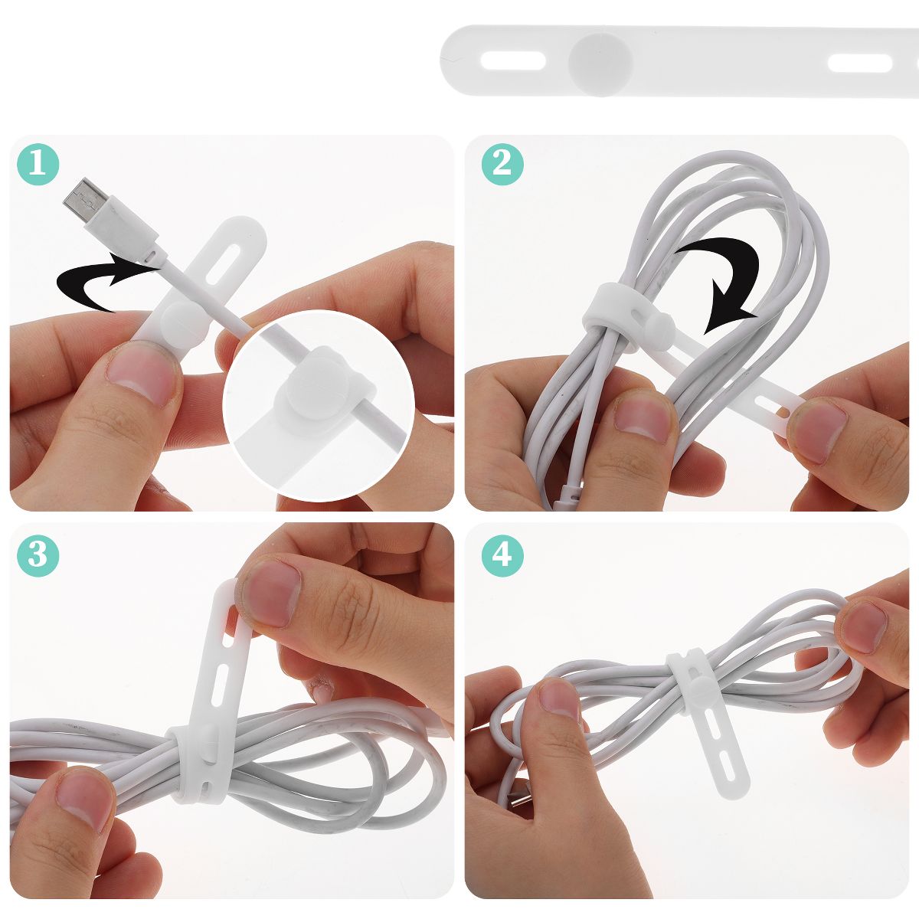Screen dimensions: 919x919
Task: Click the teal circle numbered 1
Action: click(38, 164)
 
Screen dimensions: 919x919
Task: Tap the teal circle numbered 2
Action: click(502, 164)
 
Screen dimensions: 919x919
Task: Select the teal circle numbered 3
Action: click(38, 555)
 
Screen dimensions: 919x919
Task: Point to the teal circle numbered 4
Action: click(502, 555)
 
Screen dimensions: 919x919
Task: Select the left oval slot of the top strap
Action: click(513, 61)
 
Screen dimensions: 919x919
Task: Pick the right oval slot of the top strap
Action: click(859, 63)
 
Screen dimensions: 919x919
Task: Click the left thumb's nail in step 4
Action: click(559, 699)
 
